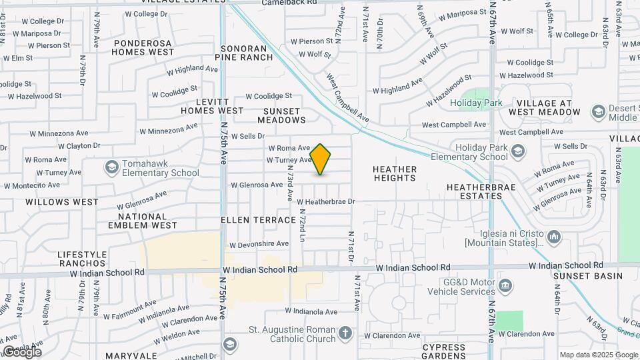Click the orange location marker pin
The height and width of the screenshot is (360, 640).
point(321,159)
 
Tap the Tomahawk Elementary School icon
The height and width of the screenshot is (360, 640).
point(111,166)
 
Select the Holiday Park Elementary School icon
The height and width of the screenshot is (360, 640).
point(517,152)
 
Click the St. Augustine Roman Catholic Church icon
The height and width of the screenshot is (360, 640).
point(345,332)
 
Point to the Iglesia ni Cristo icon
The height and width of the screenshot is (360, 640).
point(554,236)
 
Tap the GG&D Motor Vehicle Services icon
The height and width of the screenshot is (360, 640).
point(506,287)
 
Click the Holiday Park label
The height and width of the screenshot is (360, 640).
point(476,103)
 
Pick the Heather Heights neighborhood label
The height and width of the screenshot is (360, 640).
point(395,174)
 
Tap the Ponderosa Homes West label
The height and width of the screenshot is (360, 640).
point(143,47)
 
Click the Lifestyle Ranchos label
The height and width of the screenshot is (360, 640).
point(82,259)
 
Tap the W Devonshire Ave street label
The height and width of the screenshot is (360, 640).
point(259,245)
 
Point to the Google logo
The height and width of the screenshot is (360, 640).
point(22,351)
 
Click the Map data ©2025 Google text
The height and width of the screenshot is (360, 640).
point(599,355)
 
